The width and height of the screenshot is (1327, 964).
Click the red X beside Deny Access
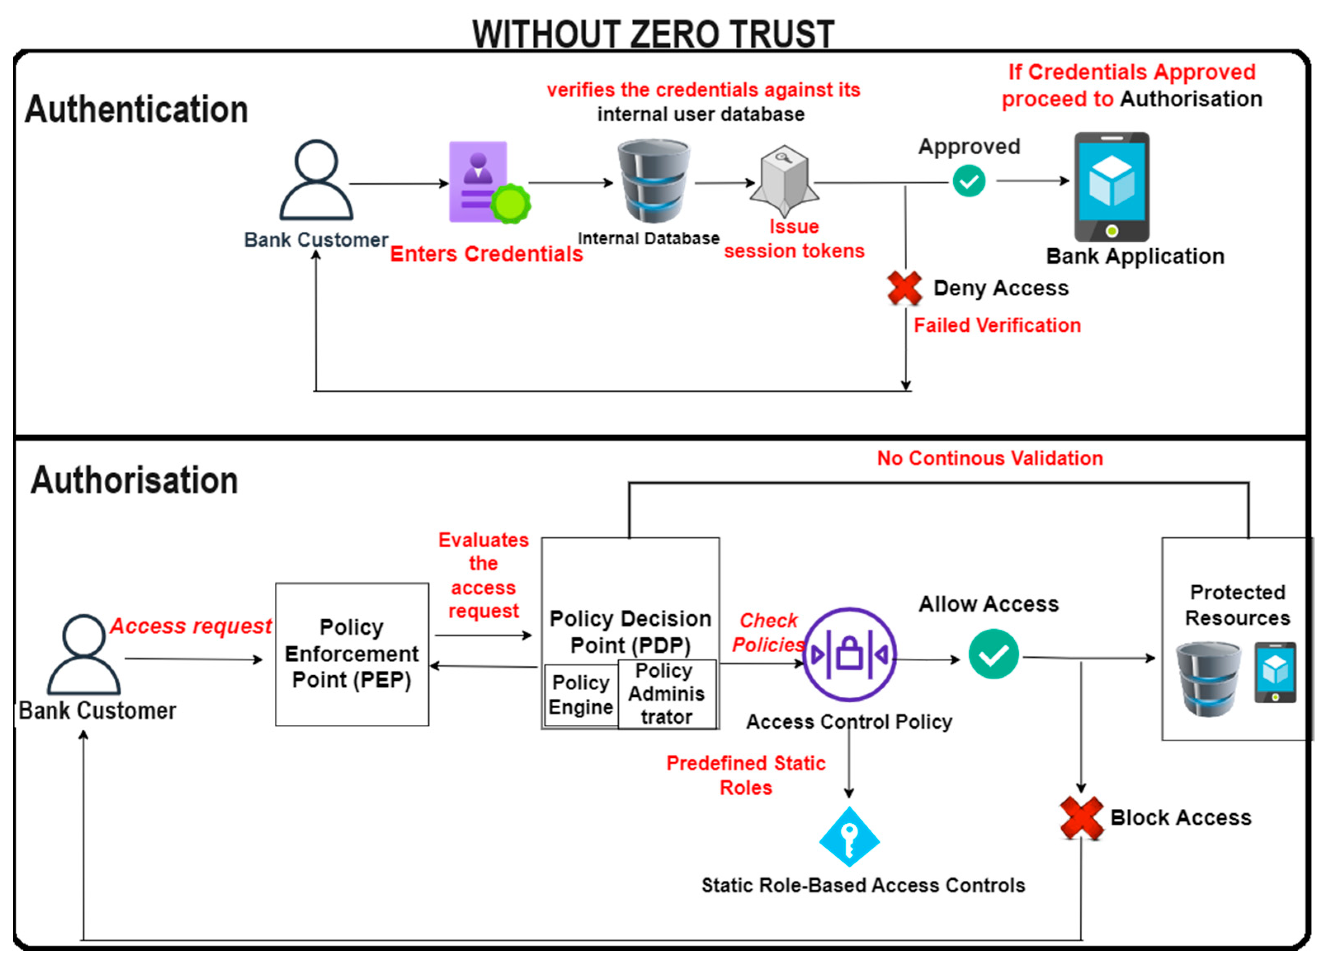(905, 288)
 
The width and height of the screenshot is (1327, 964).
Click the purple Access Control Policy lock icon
(850, 655)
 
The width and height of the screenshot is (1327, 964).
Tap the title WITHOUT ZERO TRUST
(653, 34)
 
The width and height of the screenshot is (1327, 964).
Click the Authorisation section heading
(134, 481)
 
